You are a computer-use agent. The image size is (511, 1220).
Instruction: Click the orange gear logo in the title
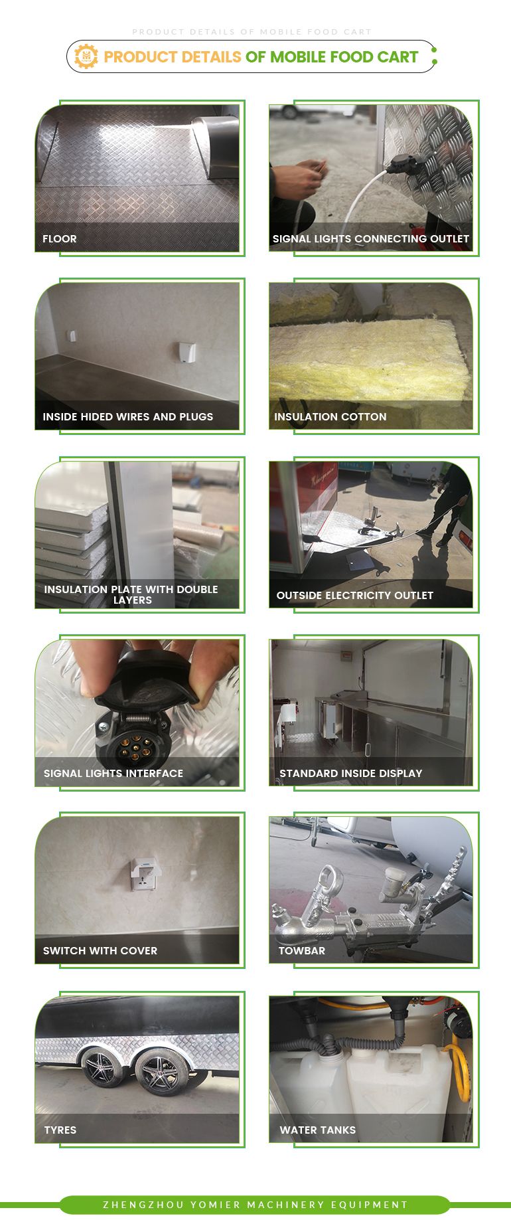coord(86,56)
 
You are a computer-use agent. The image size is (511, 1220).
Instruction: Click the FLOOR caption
coord(60,238)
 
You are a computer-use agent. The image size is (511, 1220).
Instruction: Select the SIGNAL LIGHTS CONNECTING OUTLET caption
coord(371,238)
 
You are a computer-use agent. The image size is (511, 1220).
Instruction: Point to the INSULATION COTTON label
coord(330,416)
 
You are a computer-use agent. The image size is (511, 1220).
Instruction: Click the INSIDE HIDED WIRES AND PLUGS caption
coord(128,416)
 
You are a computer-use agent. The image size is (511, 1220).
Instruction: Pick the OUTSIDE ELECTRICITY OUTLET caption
coord(355,595)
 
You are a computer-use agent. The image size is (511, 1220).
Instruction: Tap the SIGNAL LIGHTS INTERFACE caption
coord(113,773)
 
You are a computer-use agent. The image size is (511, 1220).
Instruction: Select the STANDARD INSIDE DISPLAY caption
coord(351,773)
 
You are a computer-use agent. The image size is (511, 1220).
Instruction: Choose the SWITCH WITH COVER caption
coord(100,950)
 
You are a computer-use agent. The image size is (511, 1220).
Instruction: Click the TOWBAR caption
coord(302,950)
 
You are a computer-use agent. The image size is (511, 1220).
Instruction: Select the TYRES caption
coord(60,1130)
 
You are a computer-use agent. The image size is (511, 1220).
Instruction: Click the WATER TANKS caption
coord(318,1130)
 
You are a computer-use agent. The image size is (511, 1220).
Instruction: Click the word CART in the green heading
coord(398,57)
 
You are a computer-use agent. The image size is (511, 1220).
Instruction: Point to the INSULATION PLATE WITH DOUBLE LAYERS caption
coord(131,594)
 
